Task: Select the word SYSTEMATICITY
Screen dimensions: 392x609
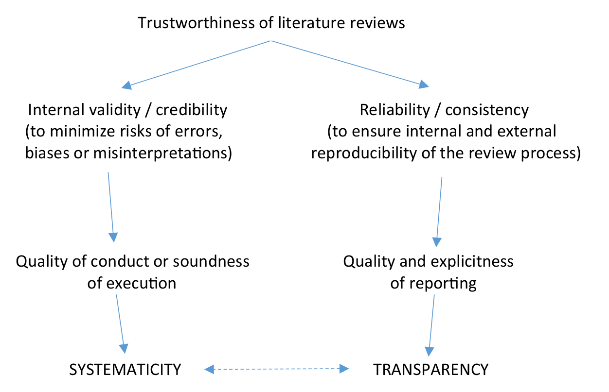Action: [125, 370]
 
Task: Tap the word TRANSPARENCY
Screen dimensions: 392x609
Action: [430, 370]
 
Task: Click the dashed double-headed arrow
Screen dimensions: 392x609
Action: [277, 370]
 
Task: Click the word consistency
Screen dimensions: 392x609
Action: [487, 110]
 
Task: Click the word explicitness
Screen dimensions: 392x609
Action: [470, 261]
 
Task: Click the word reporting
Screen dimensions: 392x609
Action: [447, 283]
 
